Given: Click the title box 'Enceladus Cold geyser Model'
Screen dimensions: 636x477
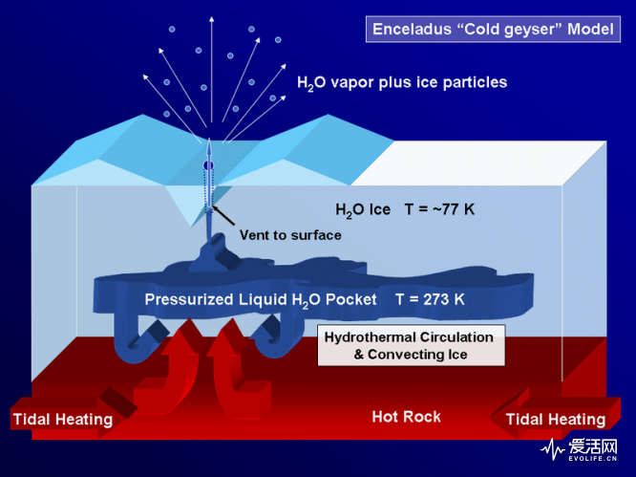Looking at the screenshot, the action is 493,30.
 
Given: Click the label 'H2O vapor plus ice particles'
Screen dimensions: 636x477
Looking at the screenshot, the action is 402,83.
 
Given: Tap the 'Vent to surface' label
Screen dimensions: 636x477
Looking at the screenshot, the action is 290,235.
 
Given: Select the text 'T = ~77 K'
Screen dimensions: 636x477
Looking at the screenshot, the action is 439,209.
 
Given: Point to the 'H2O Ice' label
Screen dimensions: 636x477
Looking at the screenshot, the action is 363,210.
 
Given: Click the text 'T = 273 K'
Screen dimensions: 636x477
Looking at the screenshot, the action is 430,299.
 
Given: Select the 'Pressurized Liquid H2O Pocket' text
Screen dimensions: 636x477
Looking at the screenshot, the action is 261,300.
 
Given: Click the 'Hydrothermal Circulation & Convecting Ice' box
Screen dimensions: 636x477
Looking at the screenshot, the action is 412,345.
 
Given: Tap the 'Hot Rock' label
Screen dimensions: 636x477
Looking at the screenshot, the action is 407,417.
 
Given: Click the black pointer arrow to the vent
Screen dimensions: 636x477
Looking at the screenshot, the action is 223,216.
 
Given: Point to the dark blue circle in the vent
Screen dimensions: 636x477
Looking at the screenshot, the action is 208,165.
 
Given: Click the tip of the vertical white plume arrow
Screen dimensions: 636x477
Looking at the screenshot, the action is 211,17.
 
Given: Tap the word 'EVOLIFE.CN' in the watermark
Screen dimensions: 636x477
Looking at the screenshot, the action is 593,459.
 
